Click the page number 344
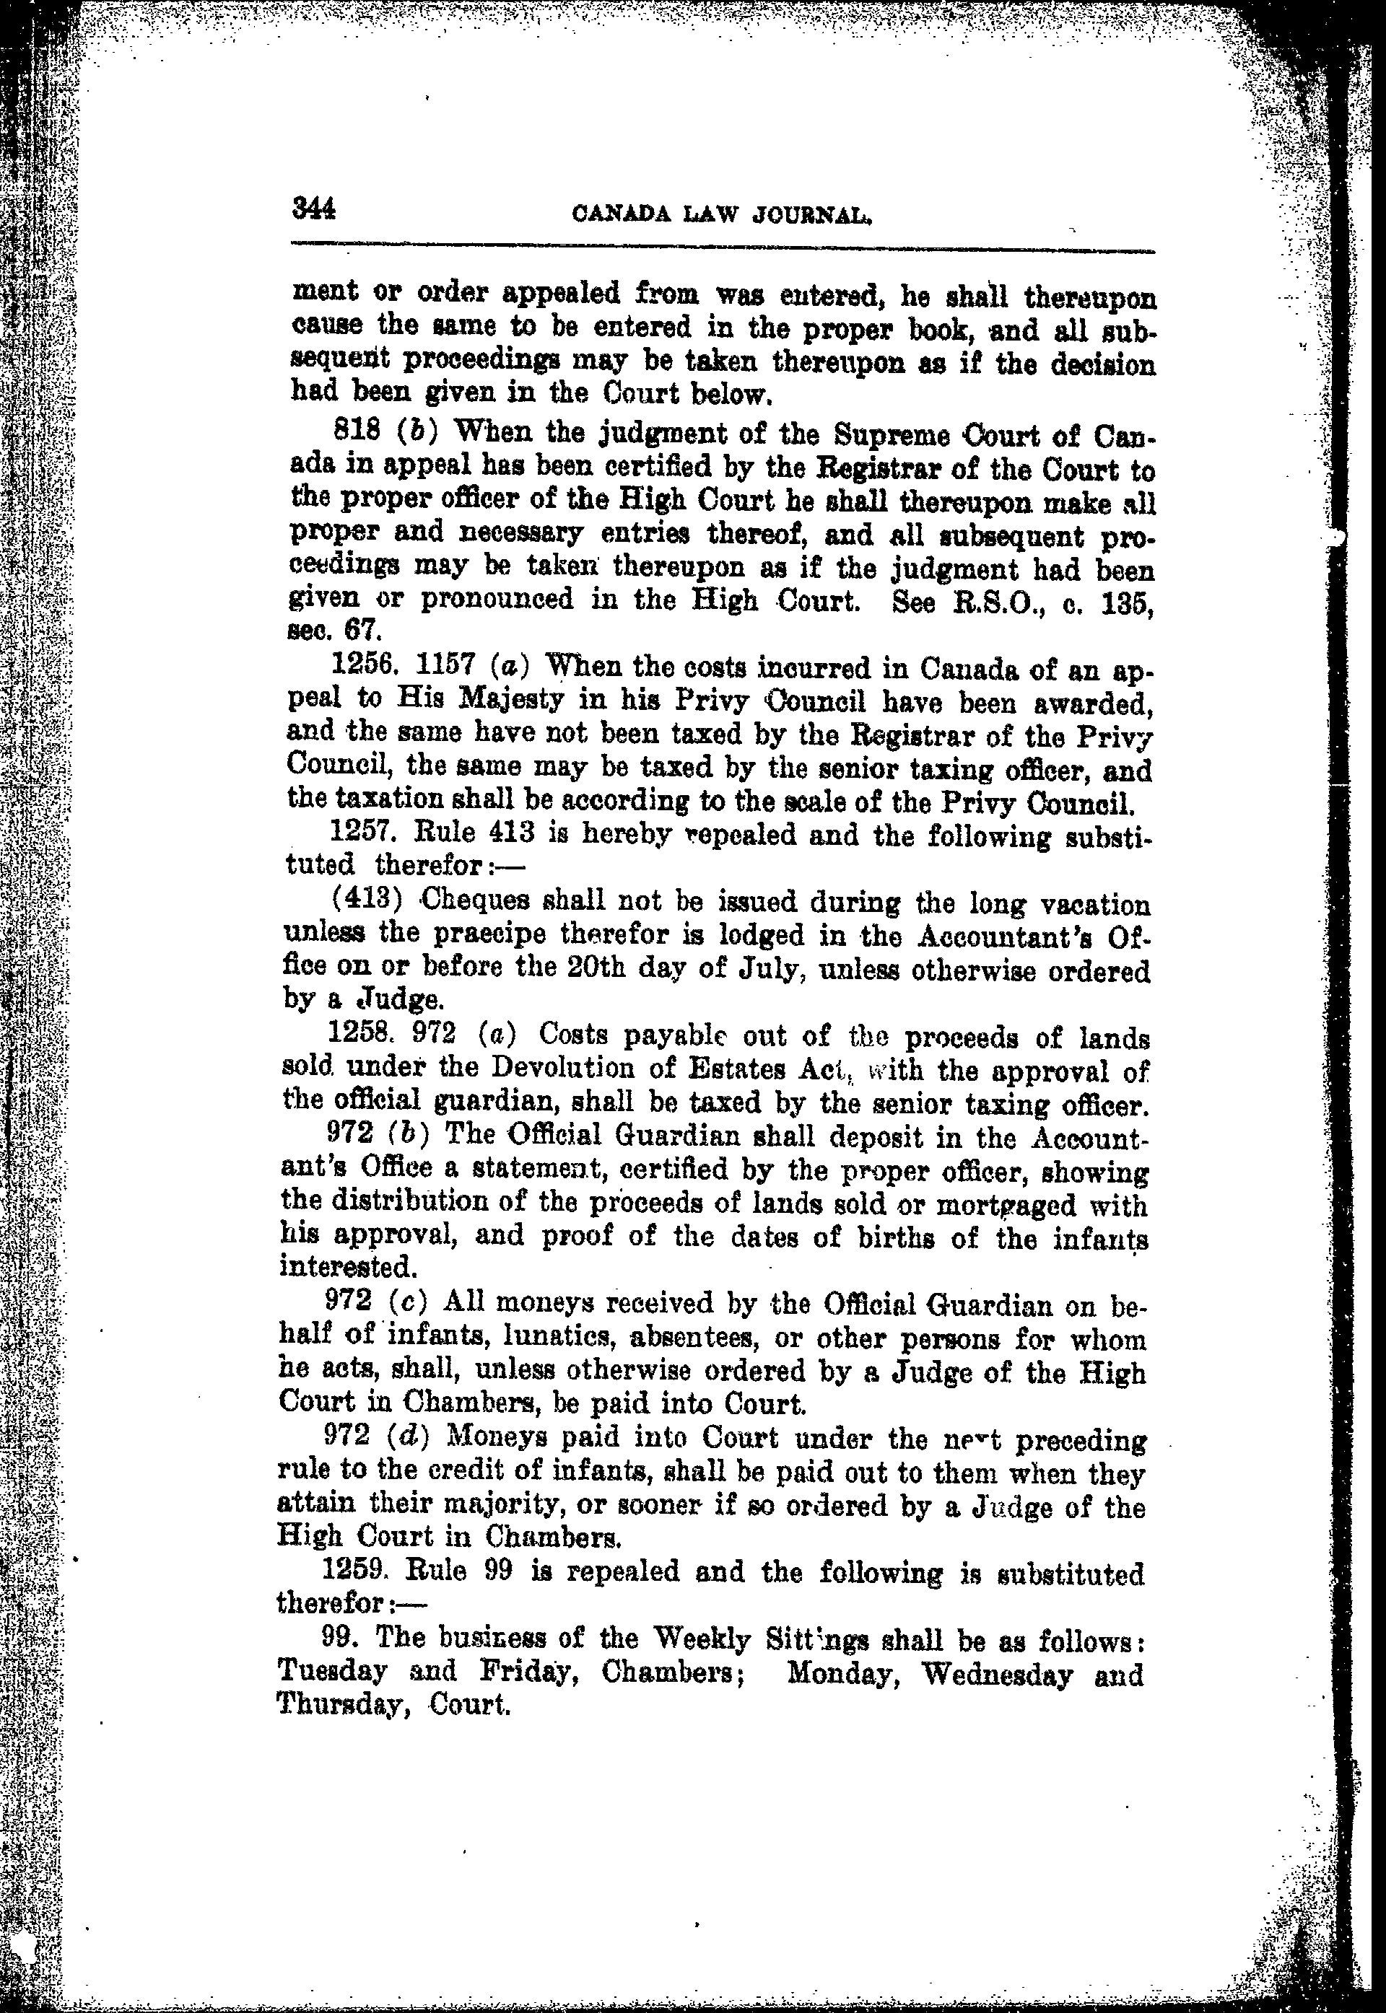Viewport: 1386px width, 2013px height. tap(313, 209)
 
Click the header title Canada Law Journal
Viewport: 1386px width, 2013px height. tap(723, 214)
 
